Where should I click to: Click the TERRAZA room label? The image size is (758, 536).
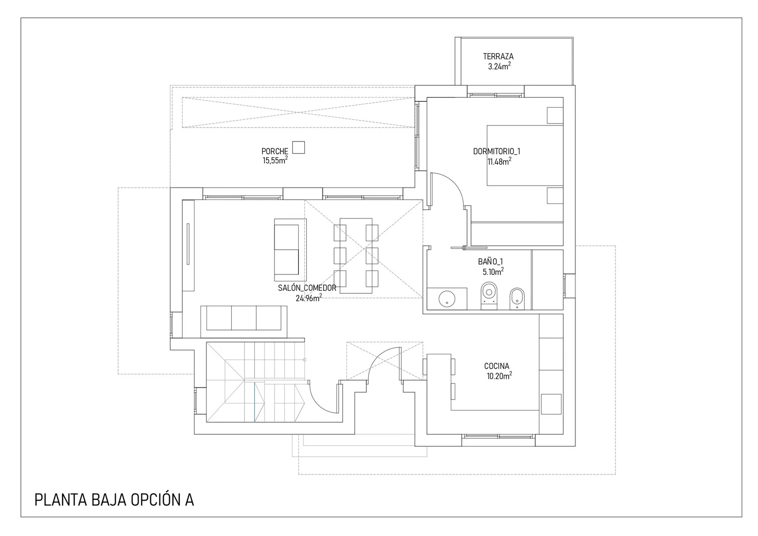pyautogui.click(x=498, y=57)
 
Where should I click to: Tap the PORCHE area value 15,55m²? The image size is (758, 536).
pyautogui.click(x=275, y=160)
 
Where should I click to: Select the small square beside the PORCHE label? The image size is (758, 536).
pyautogui.click(x=298, y=147)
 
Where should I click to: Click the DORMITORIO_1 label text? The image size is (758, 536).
pyautogui.click(x=496, y=151)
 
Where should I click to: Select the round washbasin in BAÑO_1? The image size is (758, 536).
pyautogui.click(x=447, y=299)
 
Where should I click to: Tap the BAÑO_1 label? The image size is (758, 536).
pyautogui.click(x=490, y=262)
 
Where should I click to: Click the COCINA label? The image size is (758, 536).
pyautogui.click(x=496, y=366)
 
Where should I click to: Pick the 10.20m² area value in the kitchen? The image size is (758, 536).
pyautogui.click(x=499, y=376)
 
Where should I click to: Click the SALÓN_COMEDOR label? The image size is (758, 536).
pyautogui.click(x=307, y=288)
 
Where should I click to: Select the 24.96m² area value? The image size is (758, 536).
pyautogui.click(x=308, y=298)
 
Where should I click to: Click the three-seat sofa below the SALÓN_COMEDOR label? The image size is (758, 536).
pyautogui.click(x=244, y=318)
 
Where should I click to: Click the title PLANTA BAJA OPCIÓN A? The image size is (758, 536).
pyautogui.click(x=114, y=500)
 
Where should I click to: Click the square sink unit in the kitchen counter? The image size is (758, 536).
pyautogui.click(x=551, y=403)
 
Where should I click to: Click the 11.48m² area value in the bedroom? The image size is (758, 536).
pyautogui.click(x=499, y=161)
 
